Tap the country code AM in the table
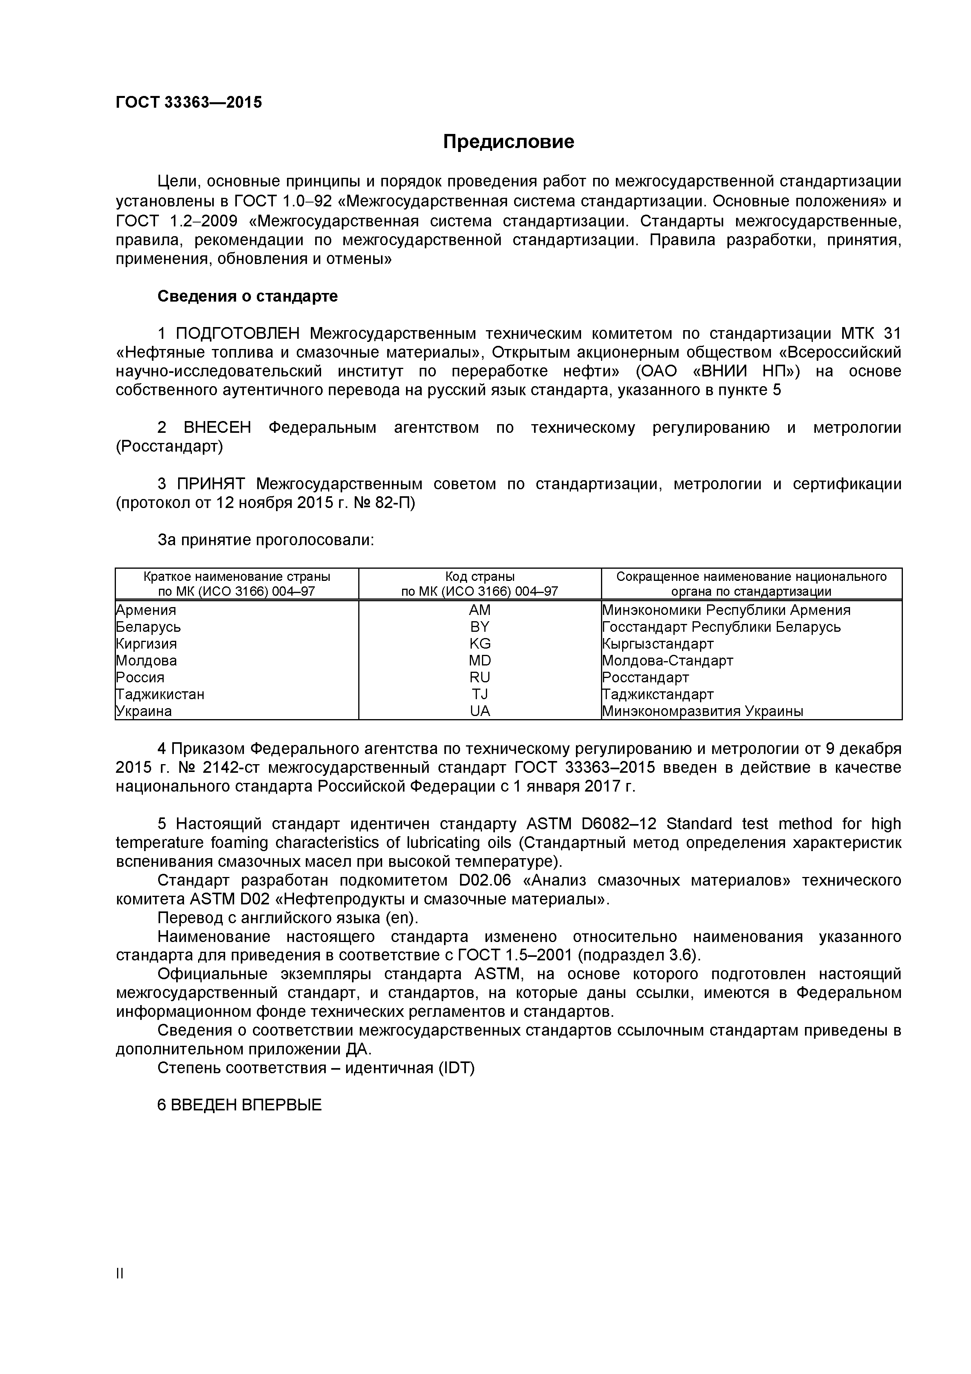click(479, 610)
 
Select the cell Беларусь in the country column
click(148, 627)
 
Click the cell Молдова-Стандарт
click(667, 661)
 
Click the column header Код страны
click(479, 577)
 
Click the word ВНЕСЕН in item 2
click(217, 427)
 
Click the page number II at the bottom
click(120, 1290)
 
